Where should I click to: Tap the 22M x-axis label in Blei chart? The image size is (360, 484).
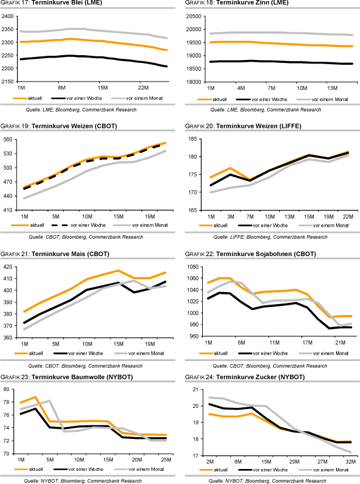click(x=143, y=88)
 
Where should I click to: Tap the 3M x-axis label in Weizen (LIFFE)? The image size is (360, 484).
click(x=230, y=216)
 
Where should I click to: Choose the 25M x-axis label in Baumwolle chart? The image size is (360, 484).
click(x=163, y=460)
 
